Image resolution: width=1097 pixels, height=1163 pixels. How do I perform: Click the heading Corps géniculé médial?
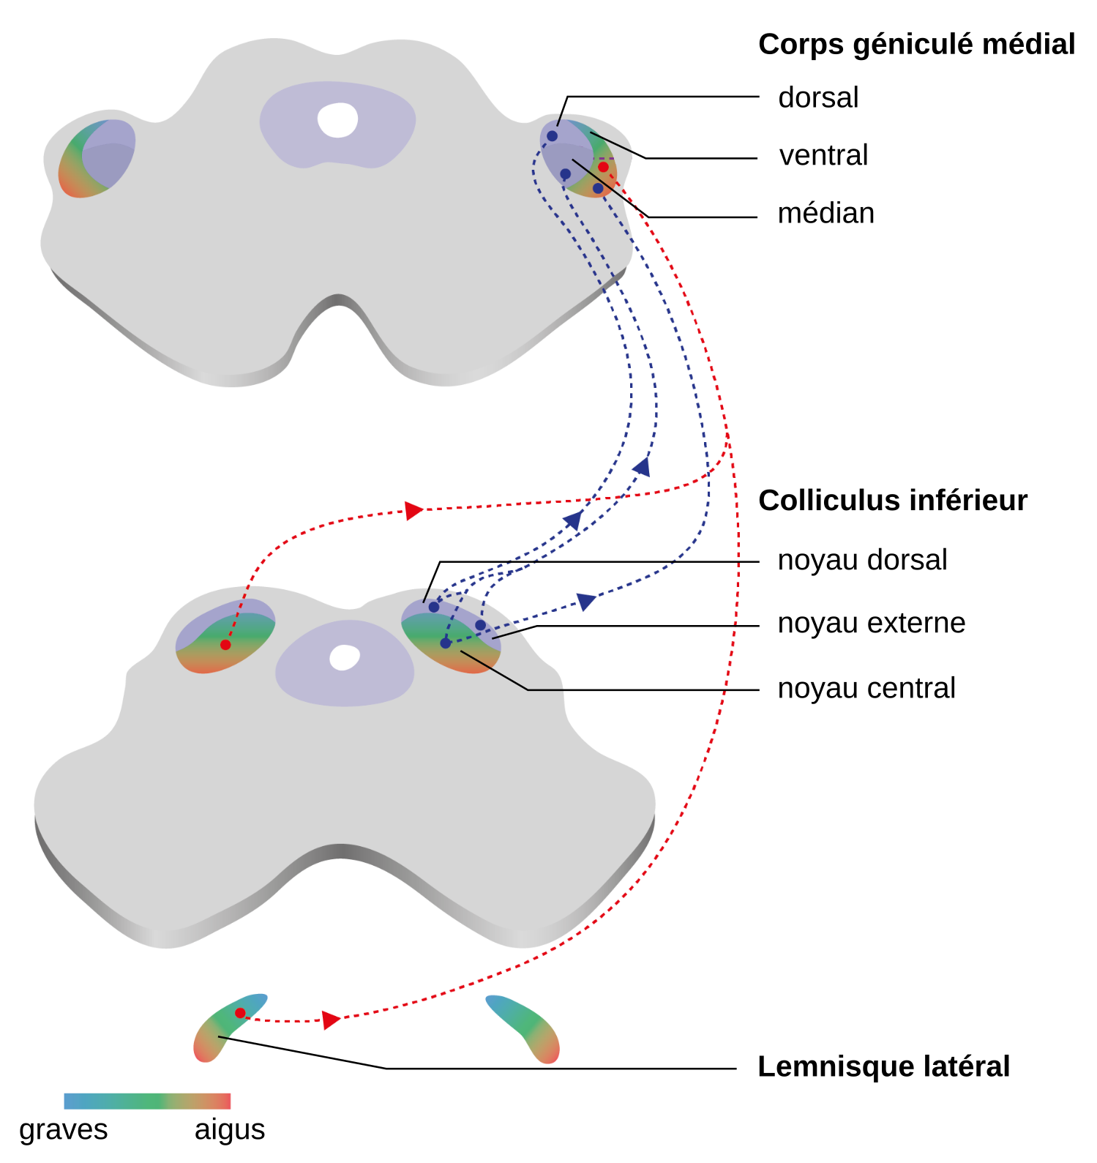click(916, 45)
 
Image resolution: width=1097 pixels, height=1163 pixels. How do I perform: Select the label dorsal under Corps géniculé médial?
click(818, 97)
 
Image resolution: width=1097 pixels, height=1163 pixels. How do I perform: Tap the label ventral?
click(823, 155)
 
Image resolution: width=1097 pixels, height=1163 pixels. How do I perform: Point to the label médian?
click(825, 213)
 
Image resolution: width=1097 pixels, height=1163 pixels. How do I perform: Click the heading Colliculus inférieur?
click(893, 501)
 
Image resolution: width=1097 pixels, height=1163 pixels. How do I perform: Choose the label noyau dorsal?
click(862, 560)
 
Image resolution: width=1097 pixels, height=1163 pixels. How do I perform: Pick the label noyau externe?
click(871, 623)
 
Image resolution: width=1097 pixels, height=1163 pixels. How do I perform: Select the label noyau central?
click(866, 688)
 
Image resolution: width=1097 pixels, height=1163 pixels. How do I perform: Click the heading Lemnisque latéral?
click(883, 1066)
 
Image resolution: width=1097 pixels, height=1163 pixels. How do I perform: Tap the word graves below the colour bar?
click(64, 1129)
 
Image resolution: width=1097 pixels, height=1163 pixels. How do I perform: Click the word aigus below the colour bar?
click(230, 1129)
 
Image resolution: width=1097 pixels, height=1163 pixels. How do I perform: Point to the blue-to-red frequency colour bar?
click(147, 1101)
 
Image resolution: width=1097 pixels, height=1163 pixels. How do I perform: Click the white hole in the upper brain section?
click(337, 120)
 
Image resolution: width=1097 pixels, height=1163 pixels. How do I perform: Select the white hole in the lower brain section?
click(344, 657)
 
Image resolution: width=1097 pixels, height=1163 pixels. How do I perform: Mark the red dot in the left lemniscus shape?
click(240, 1013)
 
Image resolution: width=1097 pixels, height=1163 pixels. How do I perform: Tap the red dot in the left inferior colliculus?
click(225, 645)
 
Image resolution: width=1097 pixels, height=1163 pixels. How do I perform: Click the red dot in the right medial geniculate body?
click(603, 168)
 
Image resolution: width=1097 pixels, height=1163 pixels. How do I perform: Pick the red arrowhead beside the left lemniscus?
click(331, 1020)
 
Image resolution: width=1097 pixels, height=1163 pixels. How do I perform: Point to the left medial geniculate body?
click(97, 158)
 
